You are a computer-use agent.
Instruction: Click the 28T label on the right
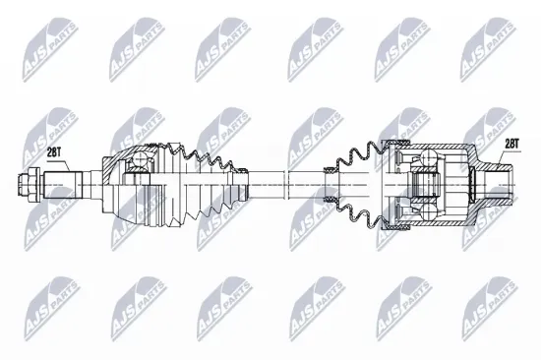511,145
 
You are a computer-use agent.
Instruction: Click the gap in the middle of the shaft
286,182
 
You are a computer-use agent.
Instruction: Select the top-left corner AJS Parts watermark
39,39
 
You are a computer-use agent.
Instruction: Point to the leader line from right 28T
501,156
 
